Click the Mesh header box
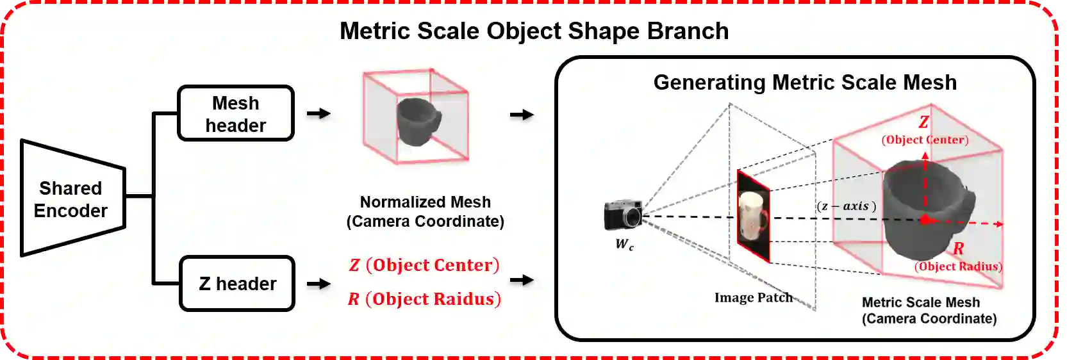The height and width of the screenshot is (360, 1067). (x=235, y=113)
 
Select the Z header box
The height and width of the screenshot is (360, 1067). (x=237, y=284)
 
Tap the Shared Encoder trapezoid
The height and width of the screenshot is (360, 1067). (x=72, y=199)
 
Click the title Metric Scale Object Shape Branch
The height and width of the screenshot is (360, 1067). (x=534, y=31)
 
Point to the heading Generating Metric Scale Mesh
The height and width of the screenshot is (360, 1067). (x=804, y=83)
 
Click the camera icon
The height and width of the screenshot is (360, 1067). (x=623, y=215)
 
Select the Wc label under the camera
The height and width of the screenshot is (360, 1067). (x=624, y=244)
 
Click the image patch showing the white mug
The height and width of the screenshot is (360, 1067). (x=753, y=215)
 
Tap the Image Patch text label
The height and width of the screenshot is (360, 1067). (x=753, y=298)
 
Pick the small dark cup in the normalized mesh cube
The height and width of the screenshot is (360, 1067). (x=417, y=120)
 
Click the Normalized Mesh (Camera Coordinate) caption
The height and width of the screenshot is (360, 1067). (x=425, y=211)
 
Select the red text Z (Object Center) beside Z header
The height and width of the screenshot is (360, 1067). (x=424, y=265)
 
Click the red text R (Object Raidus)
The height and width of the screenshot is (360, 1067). (x=424, y=299)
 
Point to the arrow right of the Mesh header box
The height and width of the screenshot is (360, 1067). (x=318, y=113)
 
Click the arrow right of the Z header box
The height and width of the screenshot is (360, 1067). (x=318, y=284)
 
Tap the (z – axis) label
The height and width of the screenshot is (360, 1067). (x=846, y=206)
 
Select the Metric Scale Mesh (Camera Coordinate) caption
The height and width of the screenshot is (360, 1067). (x=929, y=311)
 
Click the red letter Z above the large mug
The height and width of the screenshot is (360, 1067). (x=923, y=122)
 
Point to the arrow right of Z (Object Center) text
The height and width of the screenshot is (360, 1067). (x=522, y=280)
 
